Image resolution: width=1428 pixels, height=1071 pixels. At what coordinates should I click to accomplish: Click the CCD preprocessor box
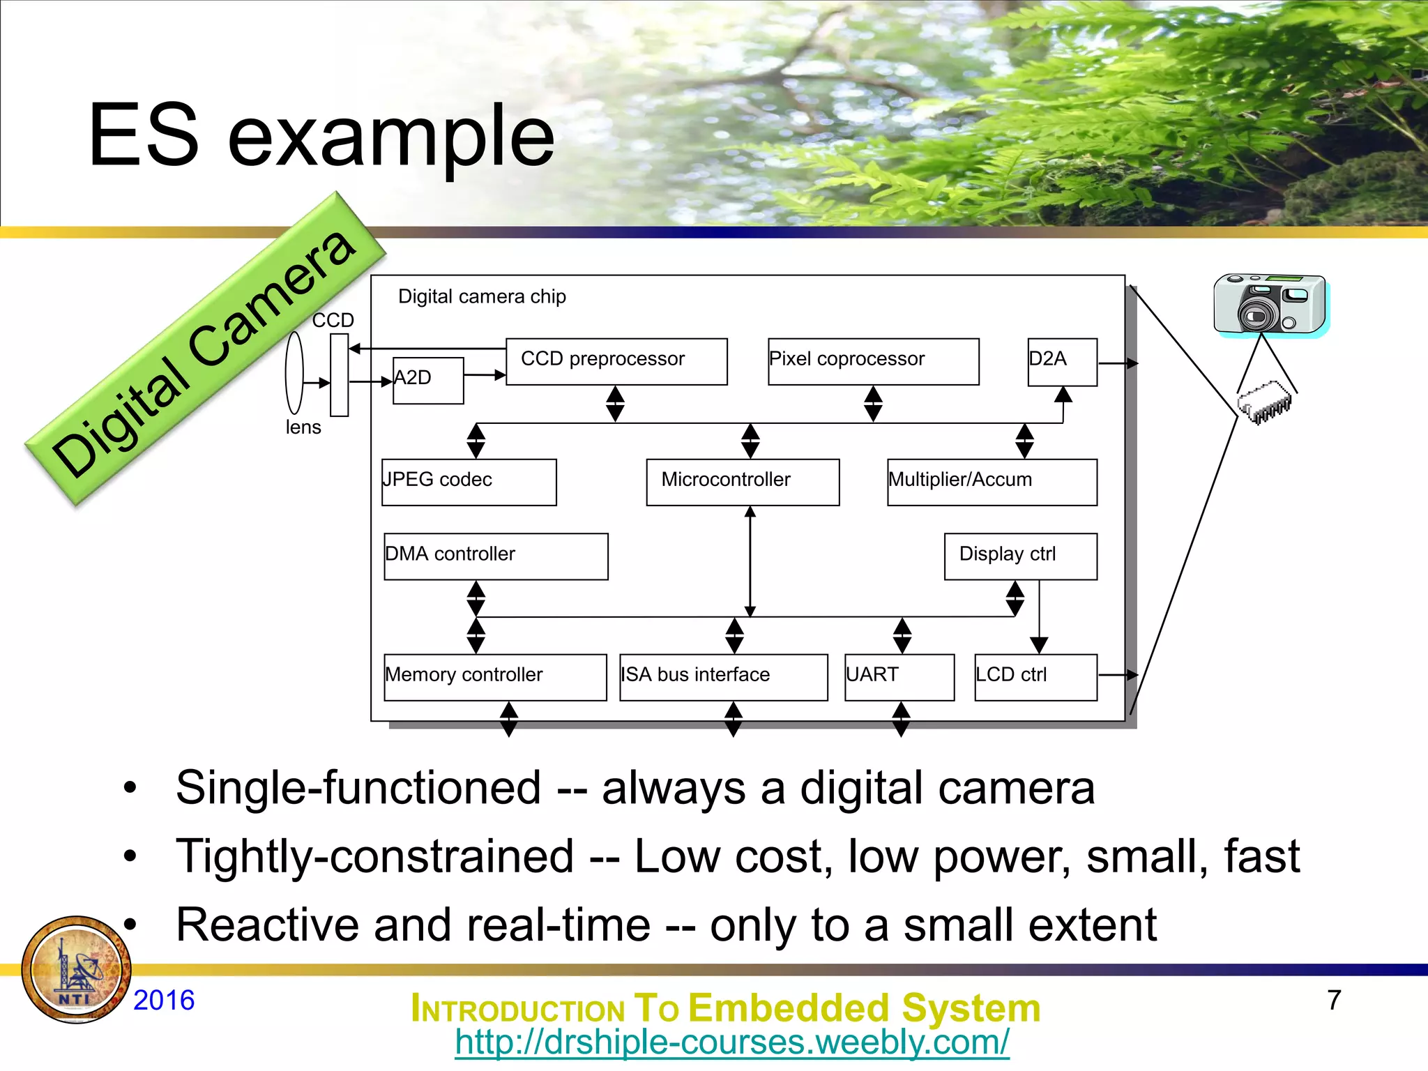[x=616, y=361]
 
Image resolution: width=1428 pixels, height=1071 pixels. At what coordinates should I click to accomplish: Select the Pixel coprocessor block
[x=873, y=361]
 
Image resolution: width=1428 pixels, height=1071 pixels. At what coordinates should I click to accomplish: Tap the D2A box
[x=1062, y=362]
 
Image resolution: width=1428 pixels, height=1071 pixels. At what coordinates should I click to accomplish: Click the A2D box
[x=428, y=380]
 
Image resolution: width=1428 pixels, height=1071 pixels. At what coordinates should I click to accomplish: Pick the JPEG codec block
[x=469, y=482]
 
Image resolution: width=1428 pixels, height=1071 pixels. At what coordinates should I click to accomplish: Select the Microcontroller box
[x=743, y=482]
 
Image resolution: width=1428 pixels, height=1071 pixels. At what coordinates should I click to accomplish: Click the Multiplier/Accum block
[x=992, y=482]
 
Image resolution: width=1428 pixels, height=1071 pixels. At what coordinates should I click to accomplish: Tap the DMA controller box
[x=496, y=556]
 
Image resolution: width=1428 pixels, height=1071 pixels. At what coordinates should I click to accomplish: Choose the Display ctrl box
[x=1020, y=556]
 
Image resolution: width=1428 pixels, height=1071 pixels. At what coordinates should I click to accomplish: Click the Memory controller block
[x=495, y=677]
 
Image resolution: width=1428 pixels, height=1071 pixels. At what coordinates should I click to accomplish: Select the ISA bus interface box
[x=723, y=677]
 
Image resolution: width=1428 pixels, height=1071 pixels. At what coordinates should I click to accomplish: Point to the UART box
[x=899, y=677]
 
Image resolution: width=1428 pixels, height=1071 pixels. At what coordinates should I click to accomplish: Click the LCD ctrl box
[x=1035, y=677]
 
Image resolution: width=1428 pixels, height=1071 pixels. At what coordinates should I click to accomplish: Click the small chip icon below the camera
[x=1263, y=403]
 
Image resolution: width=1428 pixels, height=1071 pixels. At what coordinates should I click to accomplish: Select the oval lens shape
[x=294, y=373]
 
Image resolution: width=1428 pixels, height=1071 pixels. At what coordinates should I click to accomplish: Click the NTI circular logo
[x=76, y=970]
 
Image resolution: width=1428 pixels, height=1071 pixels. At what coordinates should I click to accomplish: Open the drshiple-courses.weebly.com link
[x=731, y=1042]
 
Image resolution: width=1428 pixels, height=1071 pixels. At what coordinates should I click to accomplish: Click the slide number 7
[x=1334, y=1000]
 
